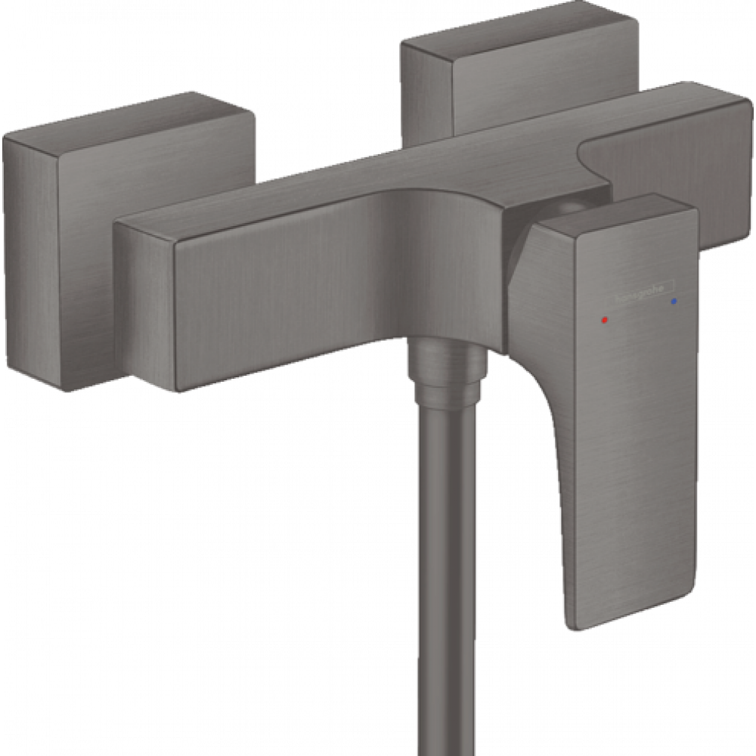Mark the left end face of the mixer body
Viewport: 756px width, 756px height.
click(144, 302)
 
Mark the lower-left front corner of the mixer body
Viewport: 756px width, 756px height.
click(178, 389)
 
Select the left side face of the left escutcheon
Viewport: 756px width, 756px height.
click(30, 257)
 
